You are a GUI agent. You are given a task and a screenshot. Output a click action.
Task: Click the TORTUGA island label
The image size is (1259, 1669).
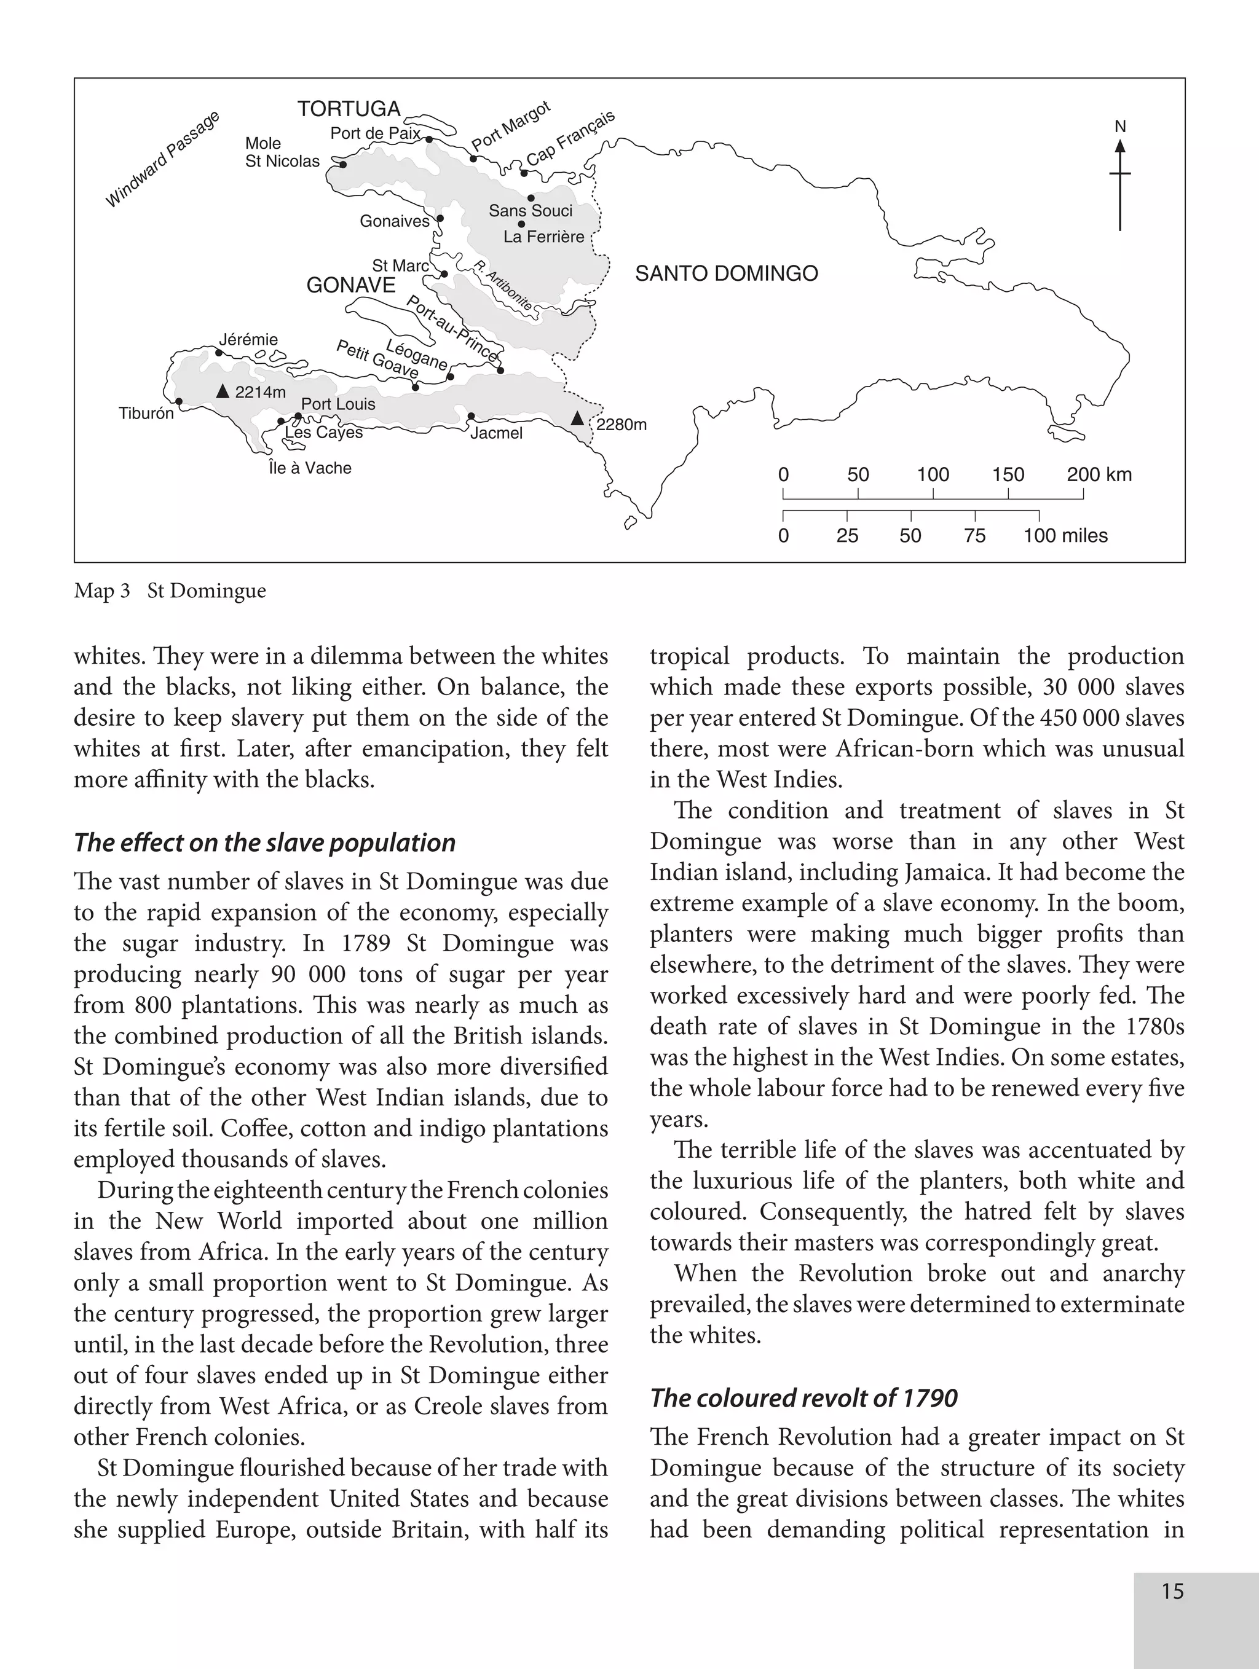click(349, 109)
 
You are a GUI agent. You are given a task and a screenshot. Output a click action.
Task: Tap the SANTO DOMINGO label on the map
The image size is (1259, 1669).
click(726, 274)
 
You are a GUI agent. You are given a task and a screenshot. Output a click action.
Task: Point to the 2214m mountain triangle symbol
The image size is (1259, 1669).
click(223, 391)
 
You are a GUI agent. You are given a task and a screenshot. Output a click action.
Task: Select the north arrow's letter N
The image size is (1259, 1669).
click(1120, 127)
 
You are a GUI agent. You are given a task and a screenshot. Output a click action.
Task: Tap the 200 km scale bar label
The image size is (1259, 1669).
click(1099, 474)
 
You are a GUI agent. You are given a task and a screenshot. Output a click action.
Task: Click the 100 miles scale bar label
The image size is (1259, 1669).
click(1065, 536)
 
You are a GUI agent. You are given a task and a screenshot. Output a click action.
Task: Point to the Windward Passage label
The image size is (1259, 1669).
click(162, 159)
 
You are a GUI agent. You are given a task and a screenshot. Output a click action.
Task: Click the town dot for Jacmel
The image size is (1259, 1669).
click(471, 417)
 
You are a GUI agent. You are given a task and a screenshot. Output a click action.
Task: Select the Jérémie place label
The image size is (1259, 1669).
click(248, 340)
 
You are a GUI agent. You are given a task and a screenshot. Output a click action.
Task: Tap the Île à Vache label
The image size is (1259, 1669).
click(310, 468)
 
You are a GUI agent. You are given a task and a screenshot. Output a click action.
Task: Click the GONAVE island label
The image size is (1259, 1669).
click(351, 285)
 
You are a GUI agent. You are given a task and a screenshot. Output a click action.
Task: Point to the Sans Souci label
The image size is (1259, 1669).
click(531, 211)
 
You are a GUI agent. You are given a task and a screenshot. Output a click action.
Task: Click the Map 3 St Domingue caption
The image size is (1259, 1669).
click(170, 591)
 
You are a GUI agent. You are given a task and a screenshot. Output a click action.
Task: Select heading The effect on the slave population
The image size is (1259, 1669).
click(265, 843)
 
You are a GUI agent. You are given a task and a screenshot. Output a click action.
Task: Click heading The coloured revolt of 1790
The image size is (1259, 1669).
click(804, 1398)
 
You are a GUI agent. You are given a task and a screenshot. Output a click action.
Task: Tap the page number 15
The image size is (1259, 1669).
click(1172, 1592)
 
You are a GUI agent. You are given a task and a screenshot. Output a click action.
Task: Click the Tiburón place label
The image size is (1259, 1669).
click(146, 414)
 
